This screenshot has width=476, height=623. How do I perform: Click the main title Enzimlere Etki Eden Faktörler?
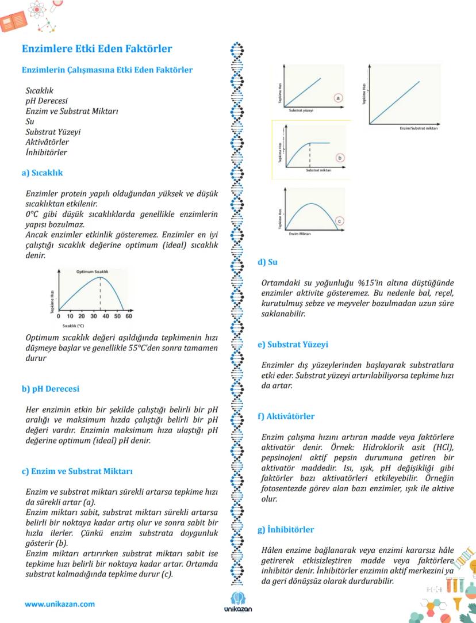pos(96,49)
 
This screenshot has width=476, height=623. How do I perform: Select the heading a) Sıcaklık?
pos(42,173)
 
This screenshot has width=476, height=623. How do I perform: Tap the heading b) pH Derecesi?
pos(50,389)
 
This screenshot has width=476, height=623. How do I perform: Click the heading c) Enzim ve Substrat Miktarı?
pos(77,471)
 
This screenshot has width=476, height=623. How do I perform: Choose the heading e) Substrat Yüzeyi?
pos(292,345)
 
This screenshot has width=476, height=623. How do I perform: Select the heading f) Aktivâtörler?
pos(286,416)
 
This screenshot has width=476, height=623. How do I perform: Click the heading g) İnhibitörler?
pos(285,529)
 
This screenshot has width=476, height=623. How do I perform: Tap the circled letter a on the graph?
pos(338,98)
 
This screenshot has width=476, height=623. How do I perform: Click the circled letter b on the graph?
pos(340,157)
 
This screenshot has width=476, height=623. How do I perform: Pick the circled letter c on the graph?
pos(339,220)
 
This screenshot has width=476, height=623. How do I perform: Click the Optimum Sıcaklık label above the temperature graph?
pos(92,271)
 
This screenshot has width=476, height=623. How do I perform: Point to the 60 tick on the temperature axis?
pos(128,316)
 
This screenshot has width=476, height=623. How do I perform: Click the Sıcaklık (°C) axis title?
pos(73,326)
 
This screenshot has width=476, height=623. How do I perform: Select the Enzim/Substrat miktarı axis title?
pos(419,128)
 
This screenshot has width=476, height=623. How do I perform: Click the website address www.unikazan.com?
pos(59,604)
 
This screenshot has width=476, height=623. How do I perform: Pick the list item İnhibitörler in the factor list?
pos(46,152)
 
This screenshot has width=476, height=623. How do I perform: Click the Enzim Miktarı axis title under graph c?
pos(300,234)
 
